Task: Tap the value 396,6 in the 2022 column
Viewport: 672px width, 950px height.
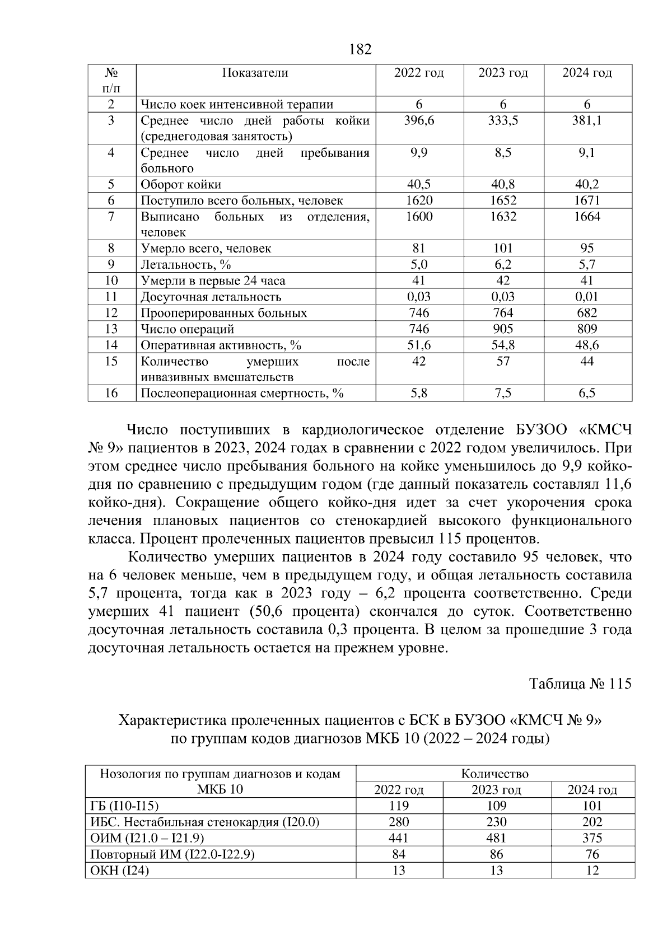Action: [419, 120]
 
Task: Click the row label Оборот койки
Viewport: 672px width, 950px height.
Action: [181, 185]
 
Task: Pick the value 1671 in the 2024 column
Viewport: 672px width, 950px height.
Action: [586, 200]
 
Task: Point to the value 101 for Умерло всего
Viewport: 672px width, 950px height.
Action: [503, 248]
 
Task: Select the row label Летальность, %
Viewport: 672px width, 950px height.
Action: [185, 264]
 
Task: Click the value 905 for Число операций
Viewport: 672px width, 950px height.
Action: [503, 329]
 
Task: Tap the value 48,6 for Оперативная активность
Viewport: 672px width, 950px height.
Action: [586, 345]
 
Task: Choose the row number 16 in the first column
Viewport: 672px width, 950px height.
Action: [111, 393]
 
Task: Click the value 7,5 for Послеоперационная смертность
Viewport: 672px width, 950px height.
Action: [503, 393]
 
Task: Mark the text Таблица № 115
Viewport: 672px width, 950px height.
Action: [580, 684]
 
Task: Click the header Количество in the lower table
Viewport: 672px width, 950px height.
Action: [495, 774]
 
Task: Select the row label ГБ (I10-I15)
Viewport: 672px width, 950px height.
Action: [124, 806]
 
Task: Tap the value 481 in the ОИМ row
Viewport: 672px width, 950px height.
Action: [496, 838]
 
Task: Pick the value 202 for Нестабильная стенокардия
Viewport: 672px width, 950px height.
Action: [592, 822]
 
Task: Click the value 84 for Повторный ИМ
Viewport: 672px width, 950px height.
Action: [399, 854]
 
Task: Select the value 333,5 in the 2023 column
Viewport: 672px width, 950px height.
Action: [503, 120]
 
